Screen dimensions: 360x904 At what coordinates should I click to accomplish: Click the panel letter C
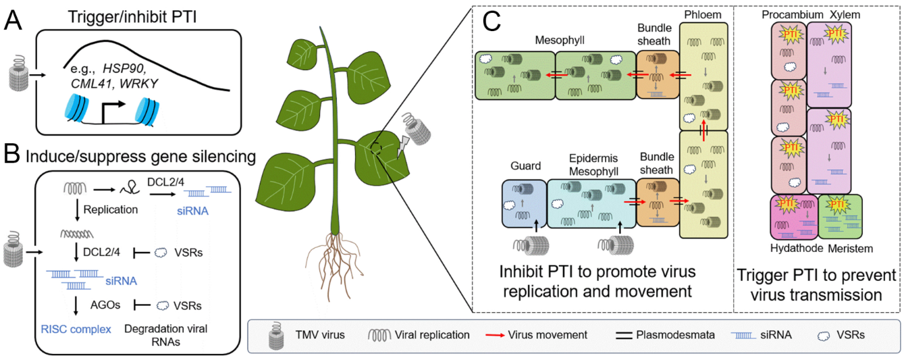tap(491, 24)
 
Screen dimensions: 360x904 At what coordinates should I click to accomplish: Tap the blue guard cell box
tap(523, 203)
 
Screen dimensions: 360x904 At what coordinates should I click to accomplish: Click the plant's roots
tap(333, 257)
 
